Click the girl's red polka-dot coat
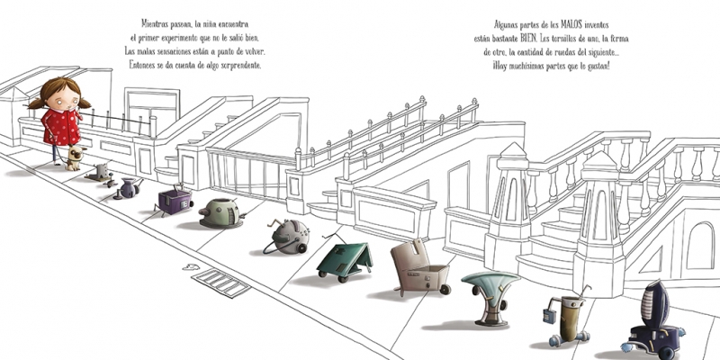[x=61, y=127]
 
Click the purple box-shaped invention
[x=175, y=201]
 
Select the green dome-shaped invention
[x=221, y=213]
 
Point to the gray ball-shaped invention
[x=288, y=237]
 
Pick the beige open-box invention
[x=418, y=268]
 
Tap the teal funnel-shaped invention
[x=490, y=298]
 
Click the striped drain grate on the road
[x=220, y=283]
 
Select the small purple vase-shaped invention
[x=128, y=188]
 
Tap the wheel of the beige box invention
[x=445, y=289]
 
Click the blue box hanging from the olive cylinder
[x=549, y=317]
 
